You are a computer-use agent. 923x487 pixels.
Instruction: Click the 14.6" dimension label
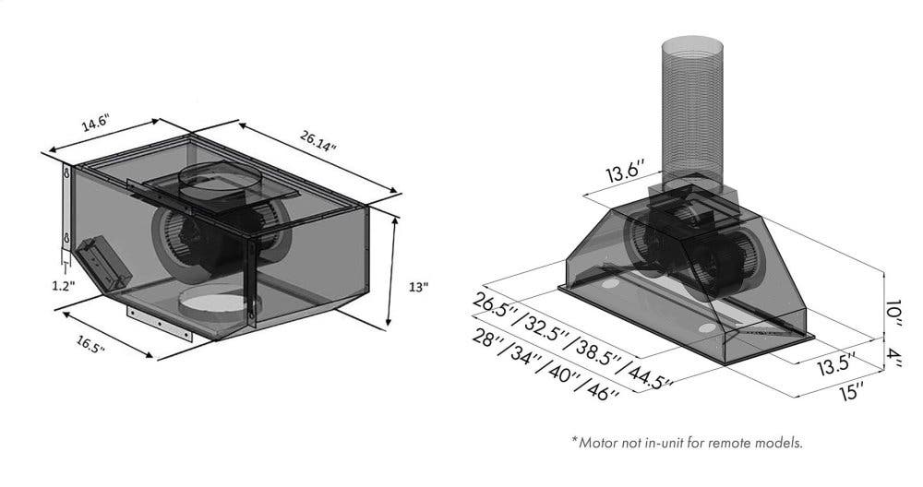point(96,125)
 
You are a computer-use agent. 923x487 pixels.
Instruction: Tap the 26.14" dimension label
point(318,141)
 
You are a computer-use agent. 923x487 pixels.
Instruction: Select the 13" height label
point(418,287)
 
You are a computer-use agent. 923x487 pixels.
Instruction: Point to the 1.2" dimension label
point(63,287)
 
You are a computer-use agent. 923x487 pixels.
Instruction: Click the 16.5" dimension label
point(90,344)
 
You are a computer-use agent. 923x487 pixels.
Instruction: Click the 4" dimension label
point(893,356)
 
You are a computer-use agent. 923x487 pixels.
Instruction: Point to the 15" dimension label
point(853,391)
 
